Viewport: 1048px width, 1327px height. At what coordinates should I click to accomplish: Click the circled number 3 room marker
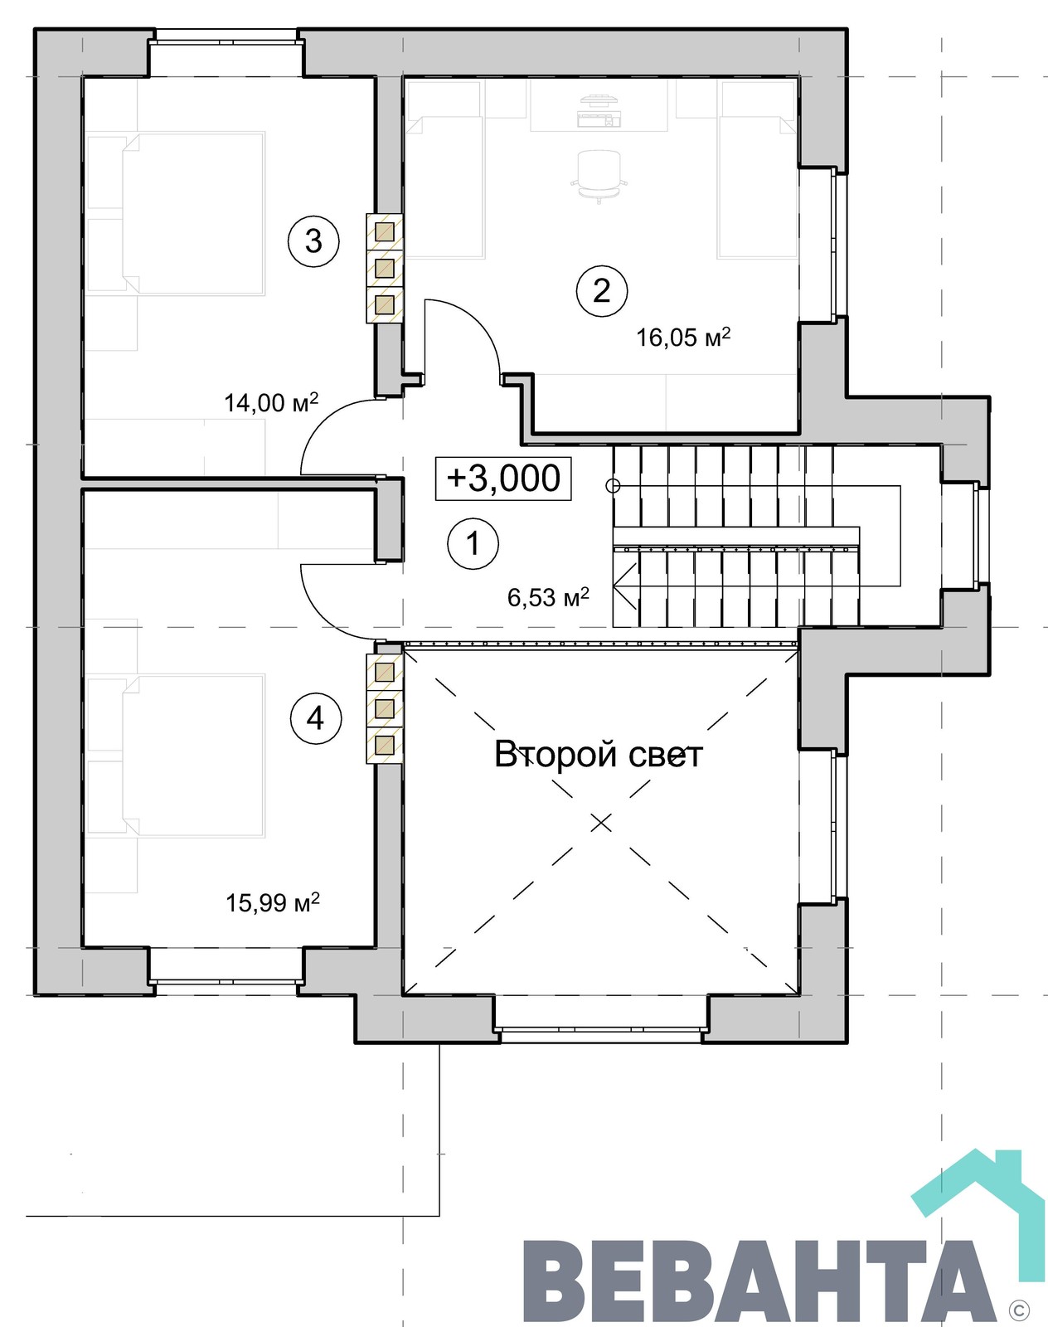(313, 241)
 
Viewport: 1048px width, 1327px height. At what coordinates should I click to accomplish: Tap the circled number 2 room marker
(602, 290)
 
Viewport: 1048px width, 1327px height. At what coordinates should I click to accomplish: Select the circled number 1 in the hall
(473, 543)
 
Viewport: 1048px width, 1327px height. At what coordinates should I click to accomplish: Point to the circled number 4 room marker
(315, 718)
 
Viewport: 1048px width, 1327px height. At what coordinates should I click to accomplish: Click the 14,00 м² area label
(271, 402)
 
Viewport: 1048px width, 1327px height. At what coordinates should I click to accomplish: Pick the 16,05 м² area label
(683, 337)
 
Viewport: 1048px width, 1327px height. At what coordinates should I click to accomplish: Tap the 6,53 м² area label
(548, 596)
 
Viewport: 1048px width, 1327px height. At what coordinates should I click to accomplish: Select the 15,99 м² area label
(273, 902)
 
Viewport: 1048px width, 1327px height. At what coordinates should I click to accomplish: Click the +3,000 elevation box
(503, 478)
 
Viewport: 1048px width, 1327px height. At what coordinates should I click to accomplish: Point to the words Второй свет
(599, 754)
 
